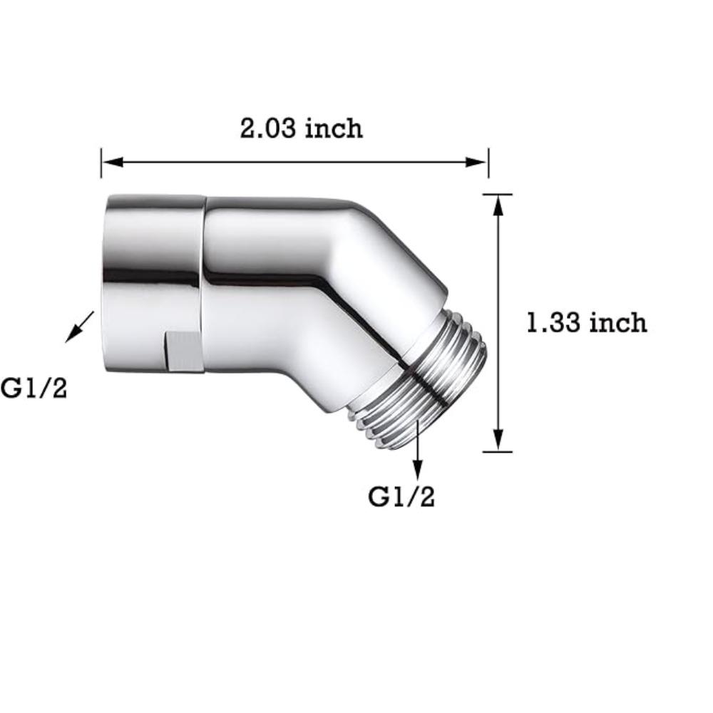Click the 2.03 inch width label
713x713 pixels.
[x=301, y=128]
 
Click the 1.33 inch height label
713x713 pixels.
[x=586, y=323]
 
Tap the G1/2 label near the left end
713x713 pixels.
[x=34, y=389]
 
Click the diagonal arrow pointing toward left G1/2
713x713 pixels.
[x=79, y=327]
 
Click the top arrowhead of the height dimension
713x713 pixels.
[x=498, y=204]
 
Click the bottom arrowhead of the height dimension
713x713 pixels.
[x=498, y=441]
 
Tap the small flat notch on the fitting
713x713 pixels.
[x=185, y=351]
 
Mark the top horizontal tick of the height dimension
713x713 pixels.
[x=497, y=194]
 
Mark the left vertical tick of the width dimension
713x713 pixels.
[x=101, y=163]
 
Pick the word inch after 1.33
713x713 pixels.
[x=617, y=323]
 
